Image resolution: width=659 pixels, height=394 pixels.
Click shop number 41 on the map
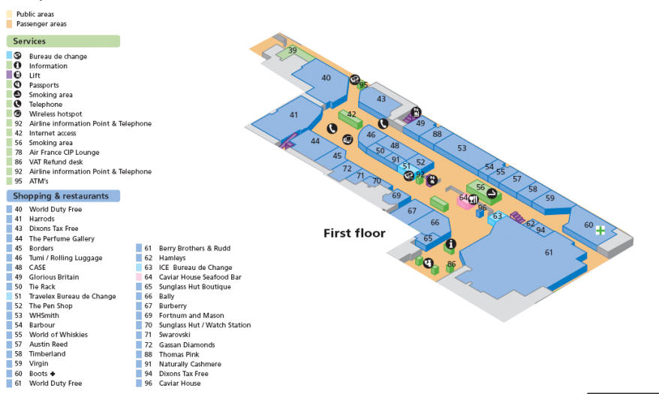(x=293, y=115)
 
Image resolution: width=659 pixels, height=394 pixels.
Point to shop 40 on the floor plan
(x=326, y=78)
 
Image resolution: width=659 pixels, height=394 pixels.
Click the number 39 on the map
(x=293, y=51)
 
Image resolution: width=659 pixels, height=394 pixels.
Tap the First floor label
(x=354, y=233)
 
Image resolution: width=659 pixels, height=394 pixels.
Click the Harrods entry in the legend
(x=42, y=219)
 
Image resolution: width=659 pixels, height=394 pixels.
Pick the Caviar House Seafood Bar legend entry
(x=200, y=277)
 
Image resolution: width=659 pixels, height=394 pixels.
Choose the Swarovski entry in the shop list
(x=174, y=335)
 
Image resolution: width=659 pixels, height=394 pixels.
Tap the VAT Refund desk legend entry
(x=56, y=162)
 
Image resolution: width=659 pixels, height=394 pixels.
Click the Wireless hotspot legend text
(x=56, y=114)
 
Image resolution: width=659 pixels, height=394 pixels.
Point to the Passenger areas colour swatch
(x=10, y=24)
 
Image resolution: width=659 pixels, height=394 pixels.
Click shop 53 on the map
(x=462, y=148)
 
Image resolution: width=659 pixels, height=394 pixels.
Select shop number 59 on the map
(x=550, y=199)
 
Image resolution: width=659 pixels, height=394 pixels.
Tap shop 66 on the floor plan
(x=435, y=223)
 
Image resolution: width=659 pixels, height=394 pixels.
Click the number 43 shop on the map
(x=381, y=99)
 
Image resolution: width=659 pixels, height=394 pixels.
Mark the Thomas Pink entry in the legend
(x=179, y=354)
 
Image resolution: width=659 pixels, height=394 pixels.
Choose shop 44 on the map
(x=315, y=141)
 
